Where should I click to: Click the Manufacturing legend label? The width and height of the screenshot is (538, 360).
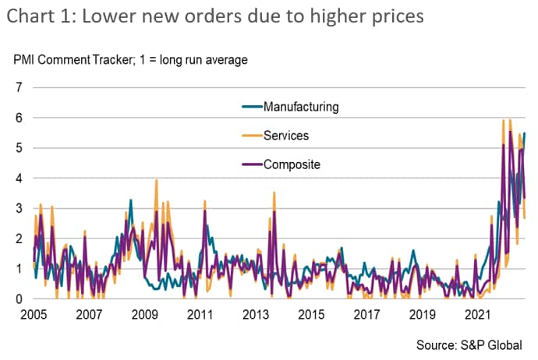coord(302,106)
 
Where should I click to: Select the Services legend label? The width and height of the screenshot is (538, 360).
coord(286,136)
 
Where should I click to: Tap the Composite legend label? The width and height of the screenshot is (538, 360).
coord(292,164)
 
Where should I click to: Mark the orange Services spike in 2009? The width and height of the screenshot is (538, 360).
coord(157,181)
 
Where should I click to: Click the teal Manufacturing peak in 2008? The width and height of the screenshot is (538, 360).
coord(130,200)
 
